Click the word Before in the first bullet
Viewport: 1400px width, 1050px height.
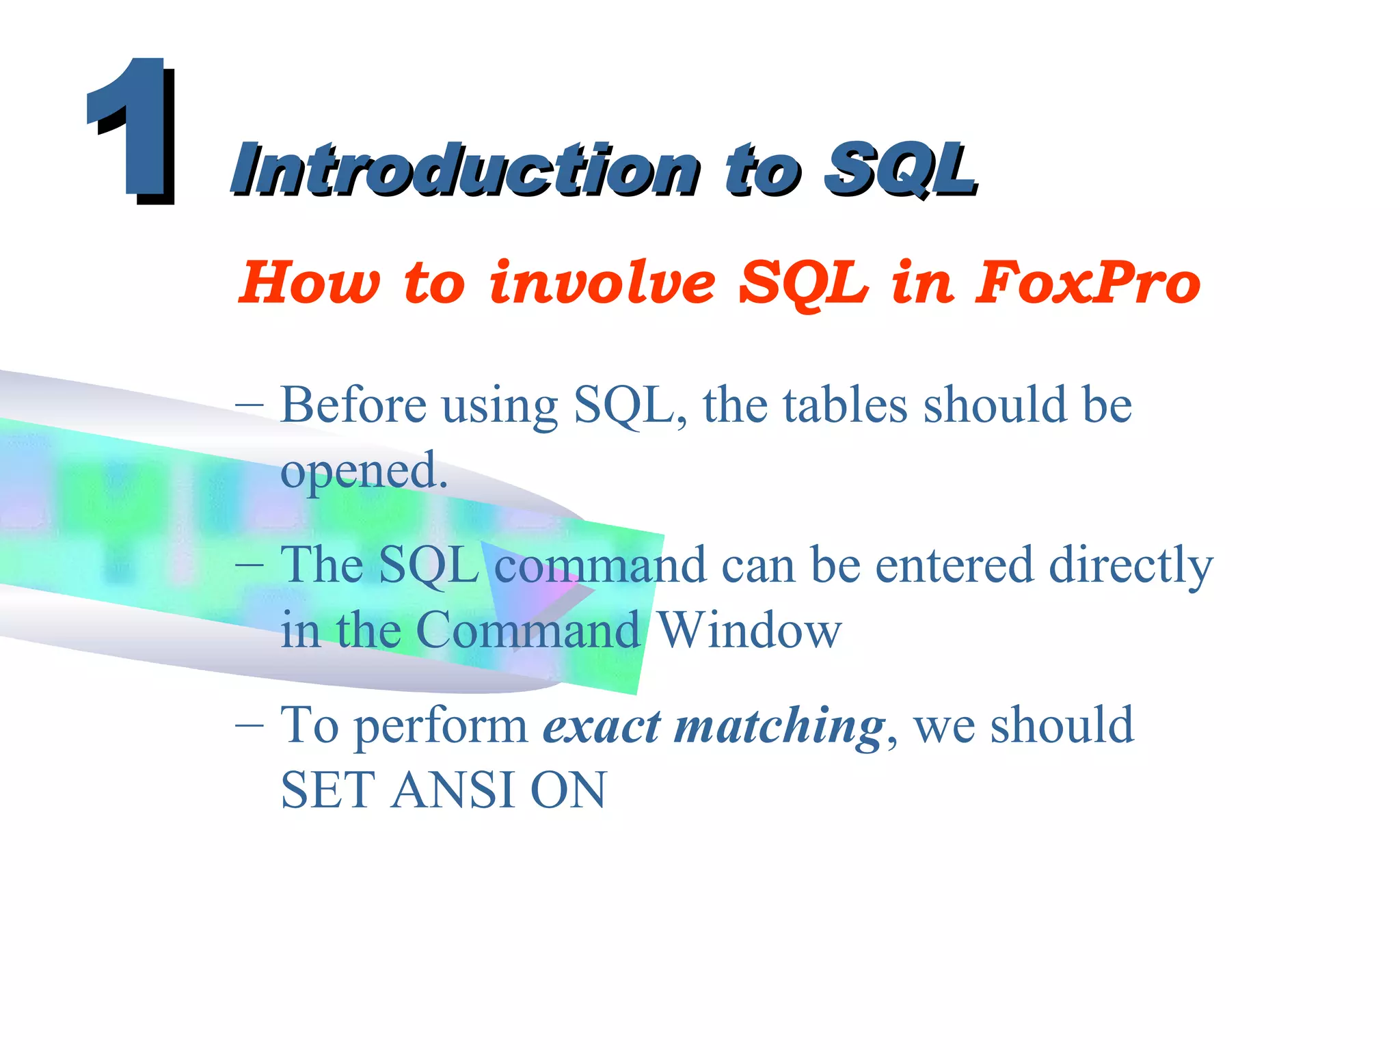[x=353, y=405]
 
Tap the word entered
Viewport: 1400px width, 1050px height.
[x=954, y=565]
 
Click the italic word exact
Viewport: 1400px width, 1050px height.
[x=602, y=725]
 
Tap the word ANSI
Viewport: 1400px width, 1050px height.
[x=453, y=790]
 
